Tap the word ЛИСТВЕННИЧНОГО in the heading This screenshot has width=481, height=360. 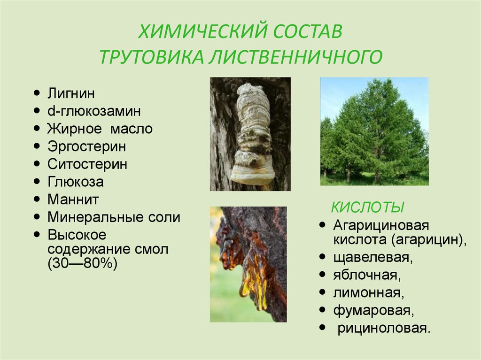pos(296,57)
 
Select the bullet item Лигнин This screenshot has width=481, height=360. pos(71,93)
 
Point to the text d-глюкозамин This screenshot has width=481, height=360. pos(94,111)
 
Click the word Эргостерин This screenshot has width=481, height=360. pos(86,146)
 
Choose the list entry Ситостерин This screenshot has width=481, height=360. pos(87,164)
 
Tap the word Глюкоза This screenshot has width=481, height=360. pos(76,182)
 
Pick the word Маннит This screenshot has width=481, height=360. pos(73,199)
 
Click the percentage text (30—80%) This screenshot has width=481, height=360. pos(83,264)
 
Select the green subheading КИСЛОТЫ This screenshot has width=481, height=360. pos(367,207)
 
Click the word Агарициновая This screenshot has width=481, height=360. pos(381,226)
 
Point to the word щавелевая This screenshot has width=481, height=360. pos(372,258)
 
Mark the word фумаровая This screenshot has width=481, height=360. pos(373,311)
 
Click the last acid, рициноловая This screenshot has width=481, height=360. pos(384,329)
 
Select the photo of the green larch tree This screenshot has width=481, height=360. pos(374,131)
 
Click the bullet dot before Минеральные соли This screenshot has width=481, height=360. pos(37,217)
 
